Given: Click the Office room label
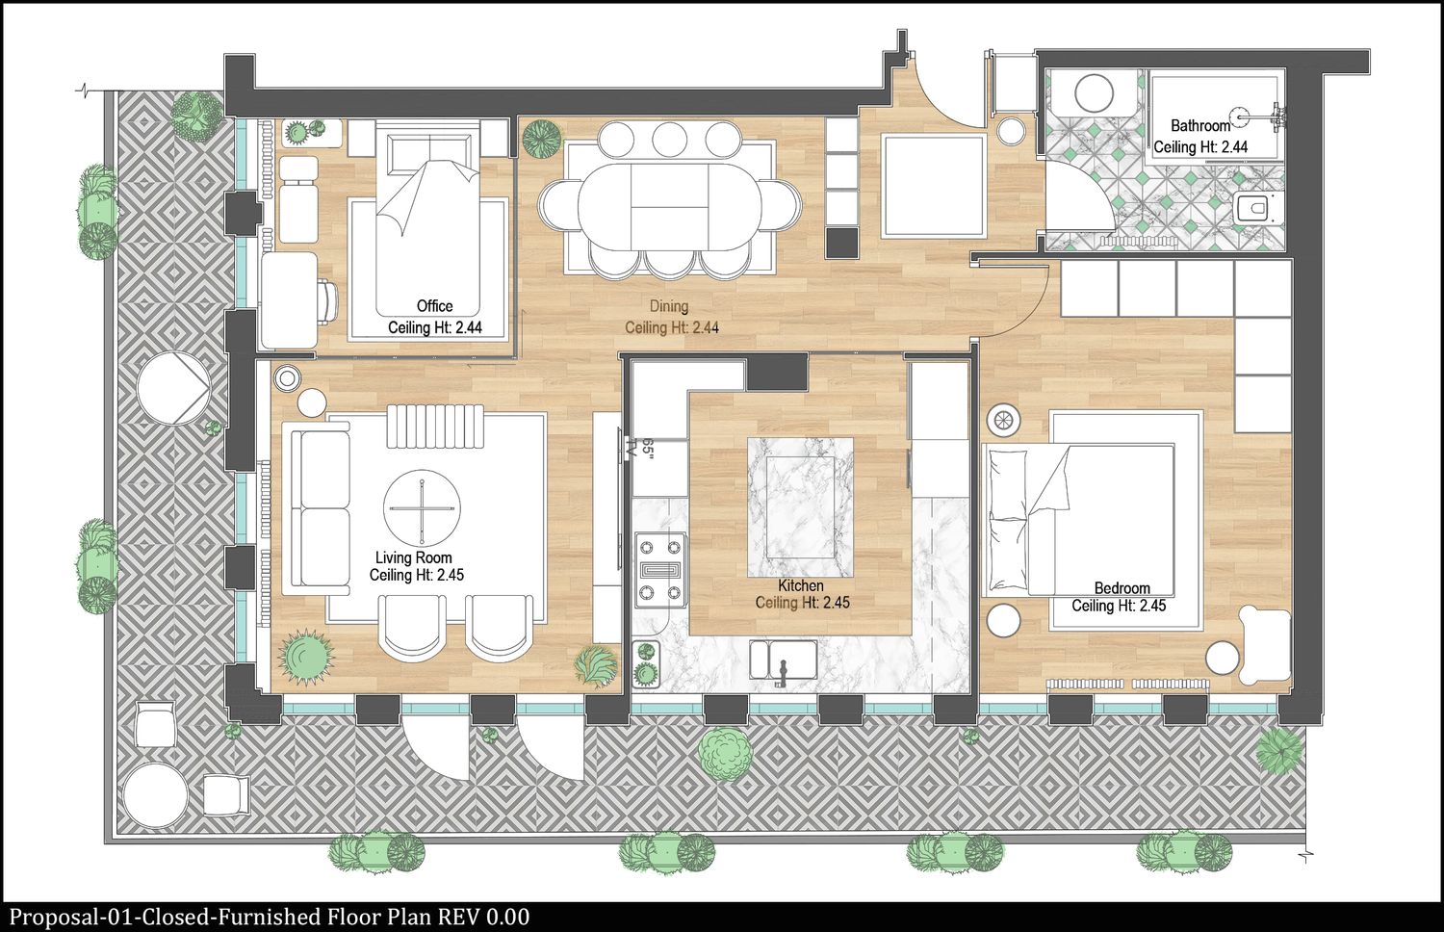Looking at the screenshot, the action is click(x=434, y=305).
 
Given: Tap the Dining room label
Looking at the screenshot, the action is click(x=668, y=306).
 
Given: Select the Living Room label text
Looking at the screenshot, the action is click(x=413, y=557).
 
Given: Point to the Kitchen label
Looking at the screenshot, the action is click(x=801, y=586).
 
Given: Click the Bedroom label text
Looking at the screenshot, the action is click(x=1122, y=588).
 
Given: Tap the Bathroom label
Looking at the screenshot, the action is click(x=1200, y=125).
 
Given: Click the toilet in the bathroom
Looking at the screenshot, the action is click(x=1258, y=209).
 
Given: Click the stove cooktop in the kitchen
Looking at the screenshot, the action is click(x=659, y=570).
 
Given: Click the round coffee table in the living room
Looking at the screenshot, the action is click(x=423, y=508).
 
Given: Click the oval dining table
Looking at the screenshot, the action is click(x=670, y=206).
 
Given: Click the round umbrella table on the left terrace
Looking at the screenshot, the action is click(x=173, y=388).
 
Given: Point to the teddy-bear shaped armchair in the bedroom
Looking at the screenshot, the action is click(x=1264, y=644).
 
